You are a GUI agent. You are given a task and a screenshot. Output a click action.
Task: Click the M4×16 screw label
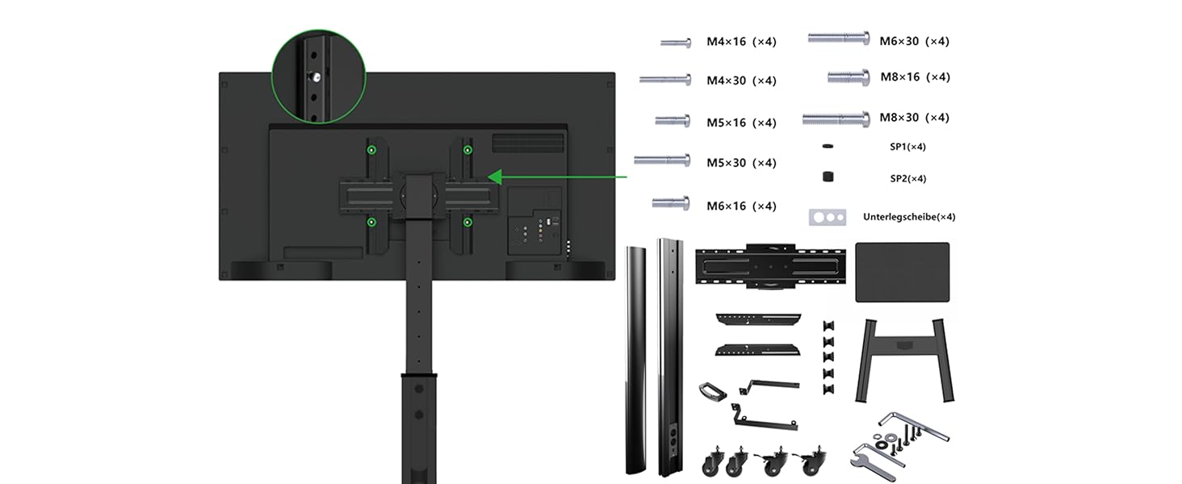(x=741, y=42)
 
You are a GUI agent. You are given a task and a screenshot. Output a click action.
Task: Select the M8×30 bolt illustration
(x=836, y=119)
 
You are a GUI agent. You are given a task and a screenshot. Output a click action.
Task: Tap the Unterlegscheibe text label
(x=908, y=217)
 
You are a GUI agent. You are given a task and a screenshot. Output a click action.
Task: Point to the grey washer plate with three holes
(x=828, y=217)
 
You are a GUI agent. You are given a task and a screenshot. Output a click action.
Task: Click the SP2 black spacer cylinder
(x=828, y=177)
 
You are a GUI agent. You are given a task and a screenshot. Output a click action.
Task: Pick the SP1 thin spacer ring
(x=828, y=146)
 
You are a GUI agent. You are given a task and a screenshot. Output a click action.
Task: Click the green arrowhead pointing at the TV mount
(x=495, y=177)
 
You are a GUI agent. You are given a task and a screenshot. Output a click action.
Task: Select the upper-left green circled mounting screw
(x=371, y=150)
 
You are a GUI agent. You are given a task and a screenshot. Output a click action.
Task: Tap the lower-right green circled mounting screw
(x=467, y=223)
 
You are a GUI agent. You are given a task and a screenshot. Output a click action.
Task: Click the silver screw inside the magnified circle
(x=316, y=77)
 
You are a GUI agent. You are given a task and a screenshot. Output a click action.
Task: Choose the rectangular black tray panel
(x=903, y=272)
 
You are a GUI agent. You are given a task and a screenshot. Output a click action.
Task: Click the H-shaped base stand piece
(x=904, y=361)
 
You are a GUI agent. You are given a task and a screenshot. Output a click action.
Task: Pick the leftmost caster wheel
(x=713, y=462)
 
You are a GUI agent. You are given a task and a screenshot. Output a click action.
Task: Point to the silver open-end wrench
(x=873, y=462)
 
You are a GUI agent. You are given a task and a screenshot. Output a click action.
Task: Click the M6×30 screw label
(x=914, y=41)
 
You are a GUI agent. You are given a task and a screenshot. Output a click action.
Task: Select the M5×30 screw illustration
(x=662, y=160)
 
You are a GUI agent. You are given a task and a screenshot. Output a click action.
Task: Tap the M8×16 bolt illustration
(x=849, y=77)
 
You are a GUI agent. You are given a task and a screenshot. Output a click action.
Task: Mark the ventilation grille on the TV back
(x=528, y=143)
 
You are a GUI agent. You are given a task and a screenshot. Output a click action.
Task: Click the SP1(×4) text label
(x=907, y=147)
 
